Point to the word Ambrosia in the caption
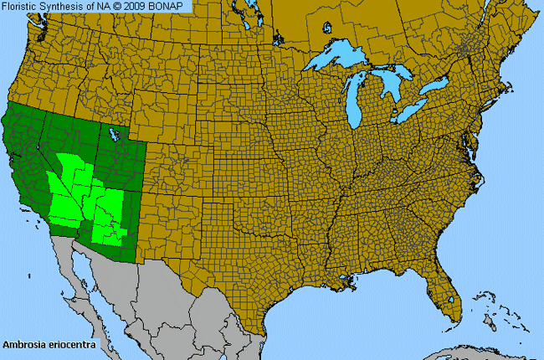[24, 344]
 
